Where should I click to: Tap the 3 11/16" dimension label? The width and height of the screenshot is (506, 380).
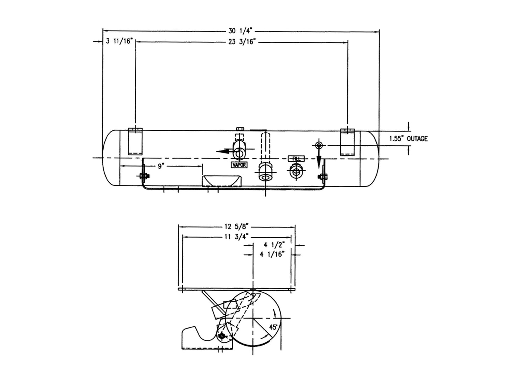(119, 41)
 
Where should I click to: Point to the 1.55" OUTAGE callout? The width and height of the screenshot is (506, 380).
(408, 138)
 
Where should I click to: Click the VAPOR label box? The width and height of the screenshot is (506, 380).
(239, 164)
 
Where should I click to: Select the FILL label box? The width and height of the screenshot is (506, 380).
(296, 159)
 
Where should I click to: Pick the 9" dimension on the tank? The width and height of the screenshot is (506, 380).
(161, 166)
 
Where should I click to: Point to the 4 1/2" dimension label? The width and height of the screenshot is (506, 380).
(275, 245)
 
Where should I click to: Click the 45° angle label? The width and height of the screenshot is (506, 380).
(273, 327)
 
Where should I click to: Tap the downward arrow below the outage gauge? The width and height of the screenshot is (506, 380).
(319, 162)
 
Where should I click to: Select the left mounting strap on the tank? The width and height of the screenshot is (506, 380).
(135, 141)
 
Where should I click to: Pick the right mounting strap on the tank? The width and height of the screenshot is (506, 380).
(348, 142)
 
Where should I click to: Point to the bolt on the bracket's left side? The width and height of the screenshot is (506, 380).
(143, 176)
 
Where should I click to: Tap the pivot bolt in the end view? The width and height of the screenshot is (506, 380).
(222, 337)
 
